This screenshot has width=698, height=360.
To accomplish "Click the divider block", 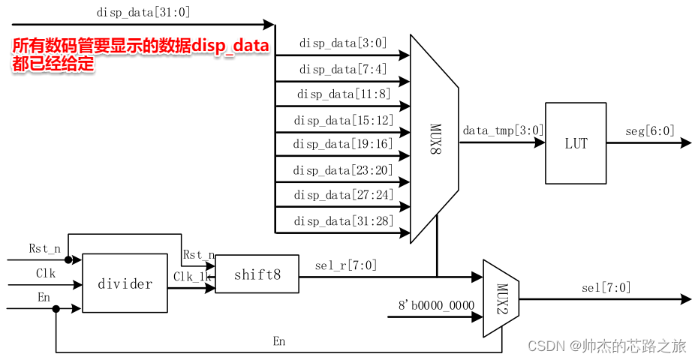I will [x=125, y=283].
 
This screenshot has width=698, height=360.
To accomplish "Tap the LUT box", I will [x=576, y=143].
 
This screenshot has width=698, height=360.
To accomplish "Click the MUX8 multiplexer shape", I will [x=435, y=139].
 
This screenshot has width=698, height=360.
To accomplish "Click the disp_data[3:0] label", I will [x=343, y=43].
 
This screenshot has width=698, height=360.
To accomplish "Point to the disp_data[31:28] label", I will [x=343, y=220].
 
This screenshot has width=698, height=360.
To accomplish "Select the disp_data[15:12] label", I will [x=343, y=120].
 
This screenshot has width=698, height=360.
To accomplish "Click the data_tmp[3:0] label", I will [x=502, y=130].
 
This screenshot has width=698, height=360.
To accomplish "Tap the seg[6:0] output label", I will [x=649, y=130].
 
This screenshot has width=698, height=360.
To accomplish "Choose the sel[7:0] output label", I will [x=606, y=287].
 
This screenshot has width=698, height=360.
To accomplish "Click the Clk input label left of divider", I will [x=46, y=274].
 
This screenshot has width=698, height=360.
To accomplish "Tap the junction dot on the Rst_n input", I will [x=68, y=260].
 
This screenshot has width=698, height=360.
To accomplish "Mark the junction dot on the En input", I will [x=56, y=308].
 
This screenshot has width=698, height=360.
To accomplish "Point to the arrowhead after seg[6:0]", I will [x=685, y=143].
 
